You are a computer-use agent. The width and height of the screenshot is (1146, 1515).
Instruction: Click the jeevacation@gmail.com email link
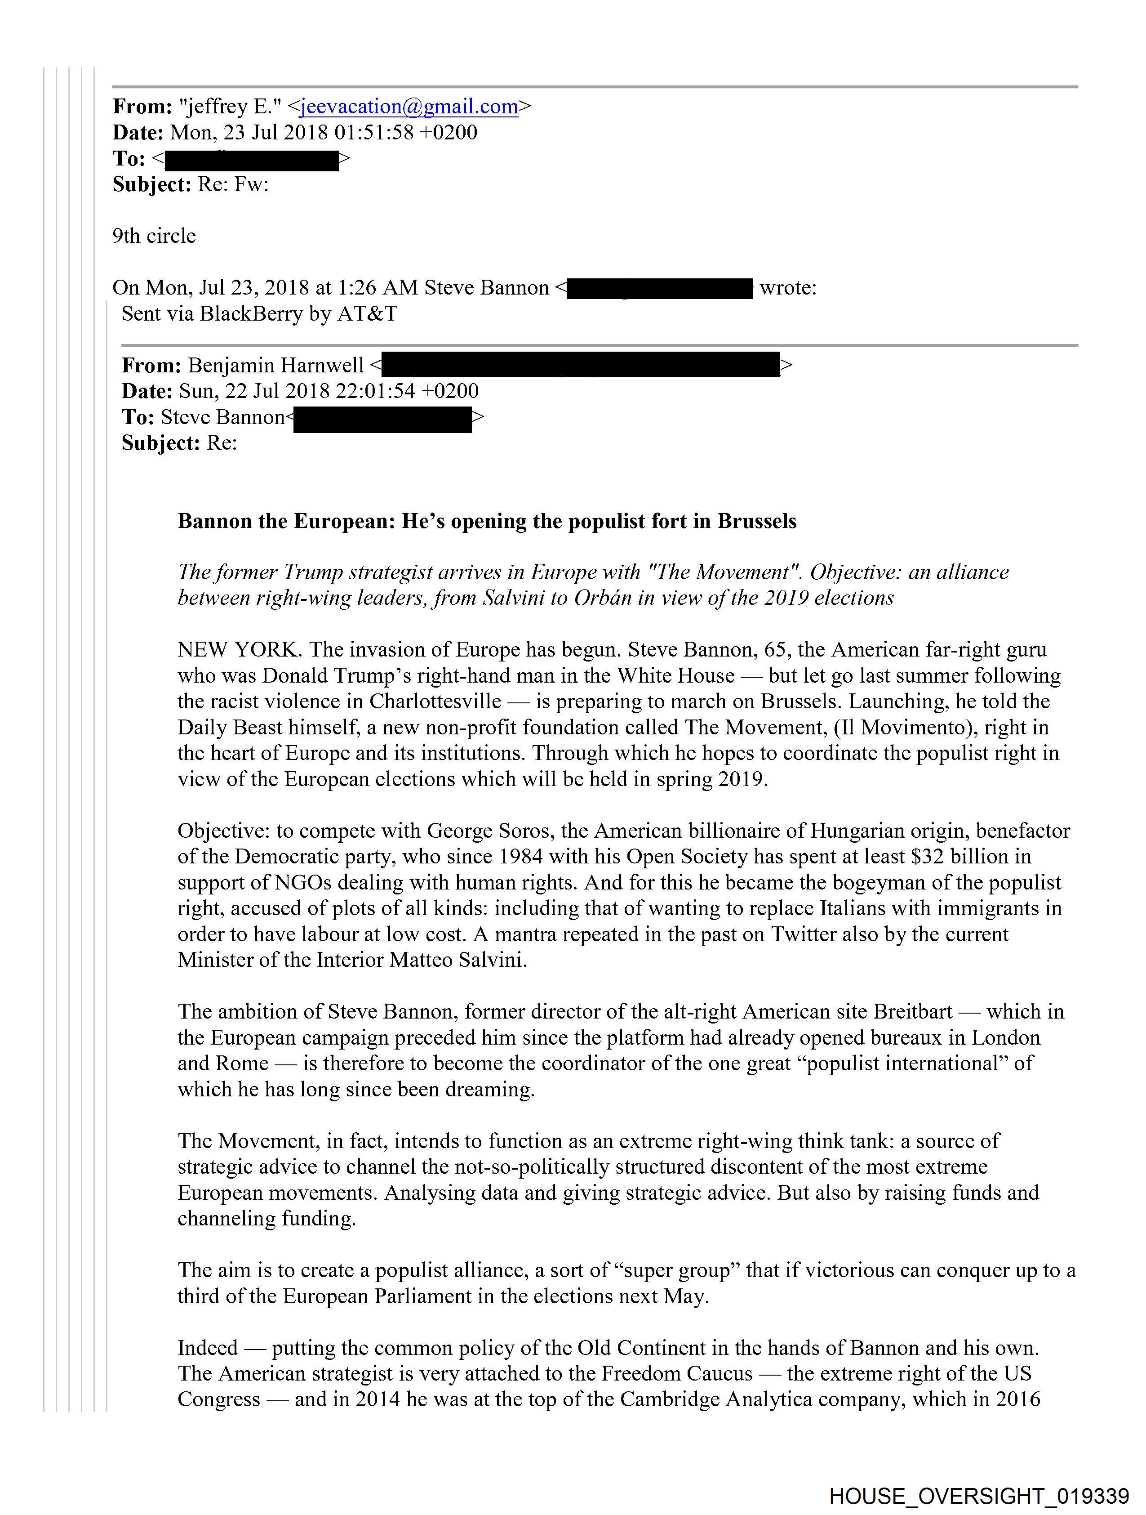point(409,107)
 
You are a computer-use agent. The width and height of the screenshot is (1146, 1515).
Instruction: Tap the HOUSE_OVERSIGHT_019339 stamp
point(978,1495)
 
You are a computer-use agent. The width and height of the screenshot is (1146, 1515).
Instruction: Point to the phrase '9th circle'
point(154,236)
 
